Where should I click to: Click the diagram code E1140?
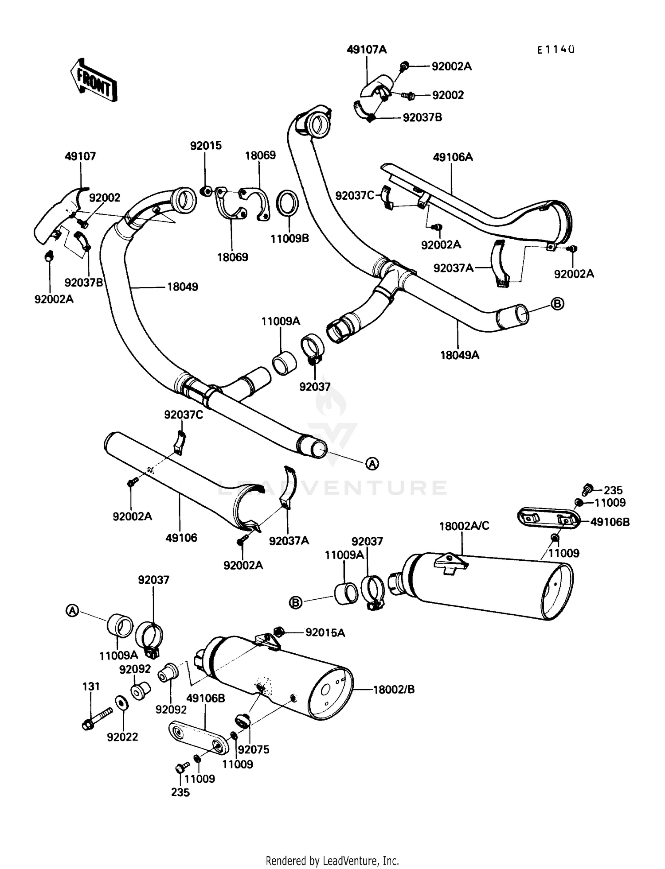[556, 50]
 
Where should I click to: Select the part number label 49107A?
[367, 50]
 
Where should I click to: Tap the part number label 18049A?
[460, 355]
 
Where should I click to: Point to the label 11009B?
[290, 239]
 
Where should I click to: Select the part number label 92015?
[206, 146]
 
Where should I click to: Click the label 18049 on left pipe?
[182, 287]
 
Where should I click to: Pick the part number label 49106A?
[453, 157]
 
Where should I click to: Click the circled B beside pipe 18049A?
[557, 303]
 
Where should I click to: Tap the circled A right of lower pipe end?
[372, 464]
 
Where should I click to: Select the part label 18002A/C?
[464, 526]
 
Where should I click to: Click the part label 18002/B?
[394, 689]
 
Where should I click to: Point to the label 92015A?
[325, 632]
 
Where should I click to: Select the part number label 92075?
[254, 749]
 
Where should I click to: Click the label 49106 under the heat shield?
[181, 538]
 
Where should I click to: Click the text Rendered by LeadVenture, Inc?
[332, 861]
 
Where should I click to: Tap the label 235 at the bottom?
[180, 792]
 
